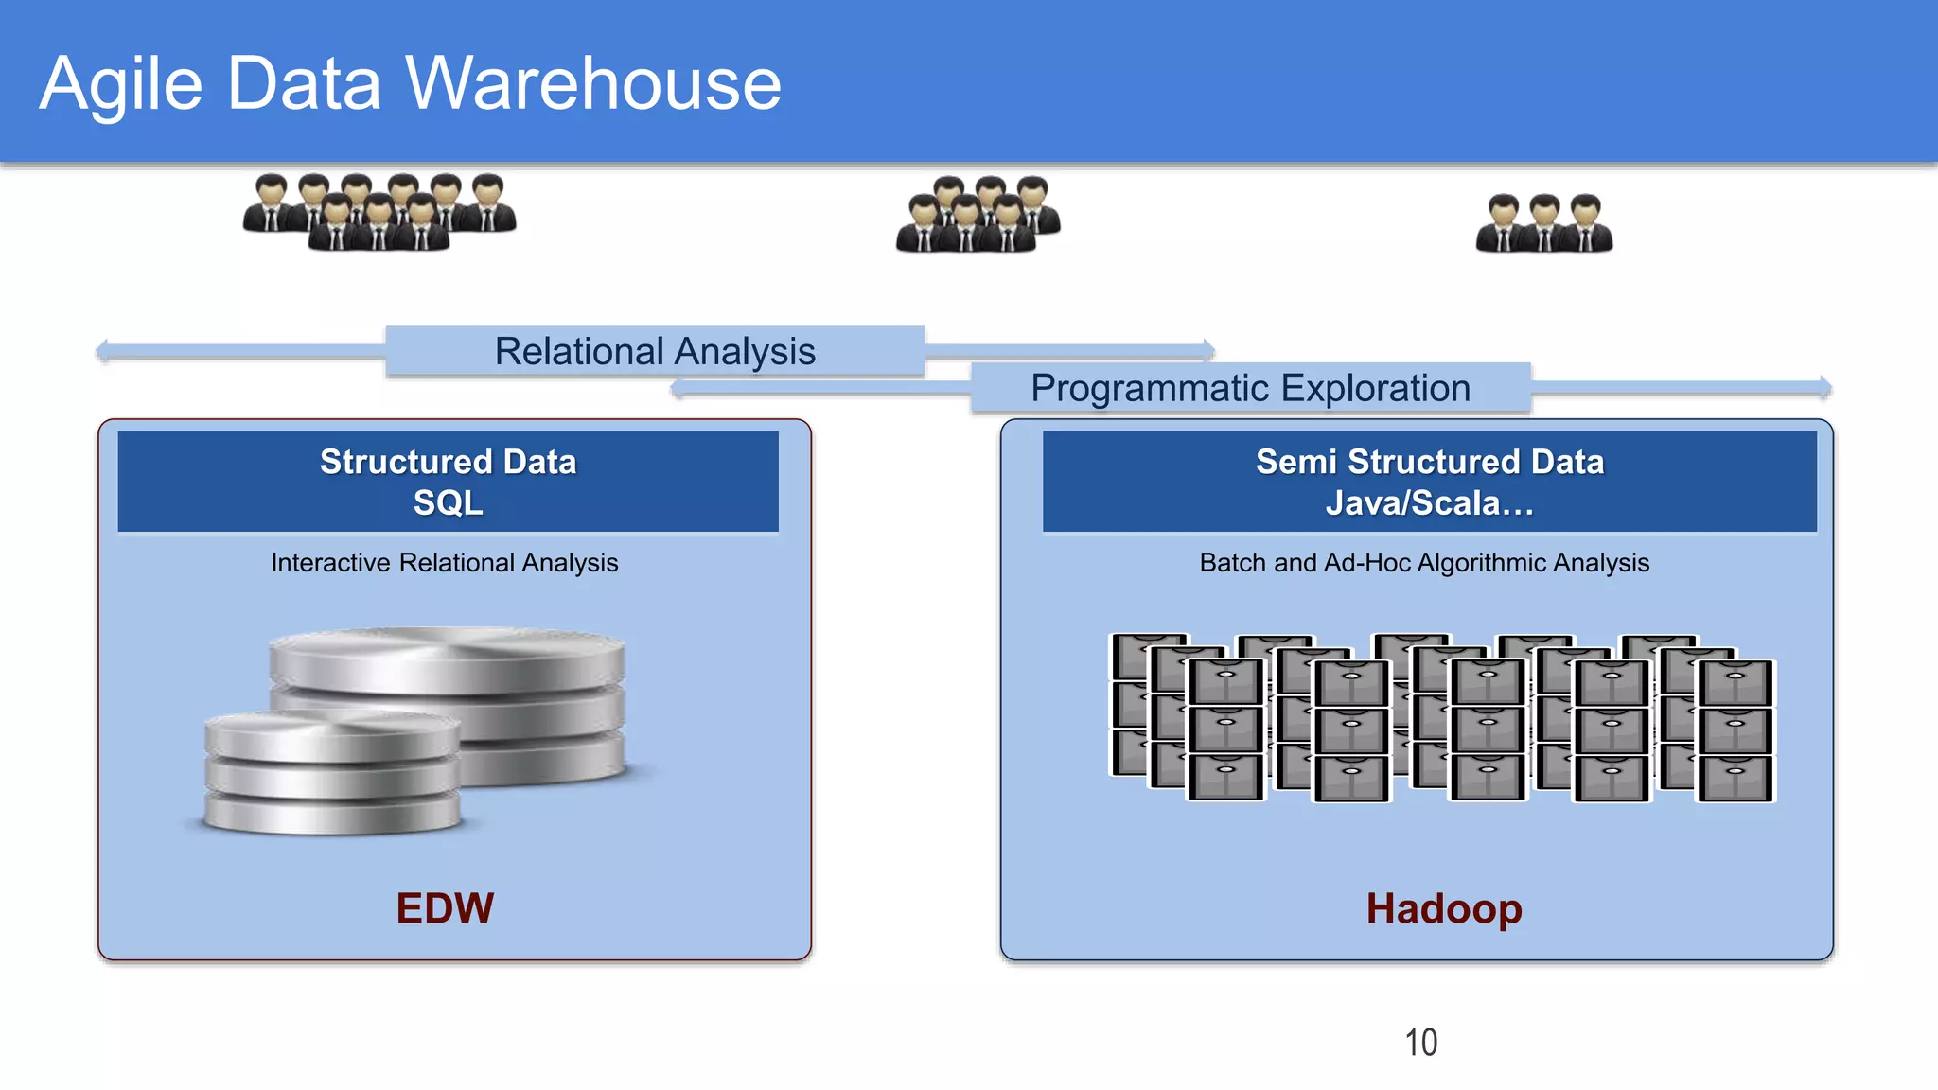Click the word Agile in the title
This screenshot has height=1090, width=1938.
121,85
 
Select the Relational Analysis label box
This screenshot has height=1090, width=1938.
655,351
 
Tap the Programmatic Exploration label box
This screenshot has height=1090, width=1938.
1250,388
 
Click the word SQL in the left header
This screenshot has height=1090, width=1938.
448,502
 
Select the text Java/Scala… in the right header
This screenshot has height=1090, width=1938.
1429,502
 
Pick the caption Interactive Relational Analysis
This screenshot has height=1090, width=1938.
444,562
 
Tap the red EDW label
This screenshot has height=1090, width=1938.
445,908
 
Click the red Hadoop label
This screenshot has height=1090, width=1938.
1443,908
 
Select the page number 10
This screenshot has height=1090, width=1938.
1420,1042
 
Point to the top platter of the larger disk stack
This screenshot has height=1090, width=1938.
447,657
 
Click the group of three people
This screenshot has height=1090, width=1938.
1544,223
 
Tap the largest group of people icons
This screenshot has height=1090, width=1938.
379,212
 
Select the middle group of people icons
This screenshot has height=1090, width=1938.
978,215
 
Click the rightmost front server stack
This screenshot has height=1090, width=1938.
1735,730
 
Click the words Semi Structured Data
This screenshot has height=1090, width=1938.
1429,461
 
